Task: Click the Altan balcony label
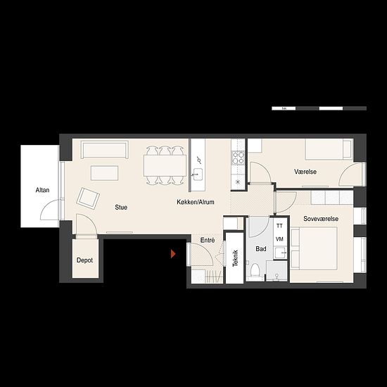(42, 190)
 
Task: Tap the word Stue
(121, 208)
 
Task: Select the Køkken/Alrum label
(196, 202)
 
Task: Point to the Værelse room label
(305, 172)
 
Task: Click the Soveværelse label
(321, 219)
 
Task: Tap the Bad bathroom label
(261, 249)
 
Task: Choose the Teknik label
(235, 258)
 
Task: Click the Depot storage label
(84, 260)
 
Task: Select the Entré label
(208, 240)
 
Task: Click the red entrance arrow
(173, 254)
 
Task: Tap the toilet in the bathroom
(255, 272)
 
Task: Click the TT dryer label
(279, 226)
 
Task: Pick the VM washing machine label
(279, 239)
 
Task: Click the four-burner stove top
(238, 158)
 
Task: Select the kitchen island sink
(197, 175)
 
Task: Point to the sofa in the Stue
(104, 150)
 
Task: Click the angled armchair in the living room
(88, 198)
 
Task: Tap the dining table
(165, 165)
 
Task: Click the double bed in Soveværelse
(315, 248)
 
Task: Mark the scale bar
(319, 108)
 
